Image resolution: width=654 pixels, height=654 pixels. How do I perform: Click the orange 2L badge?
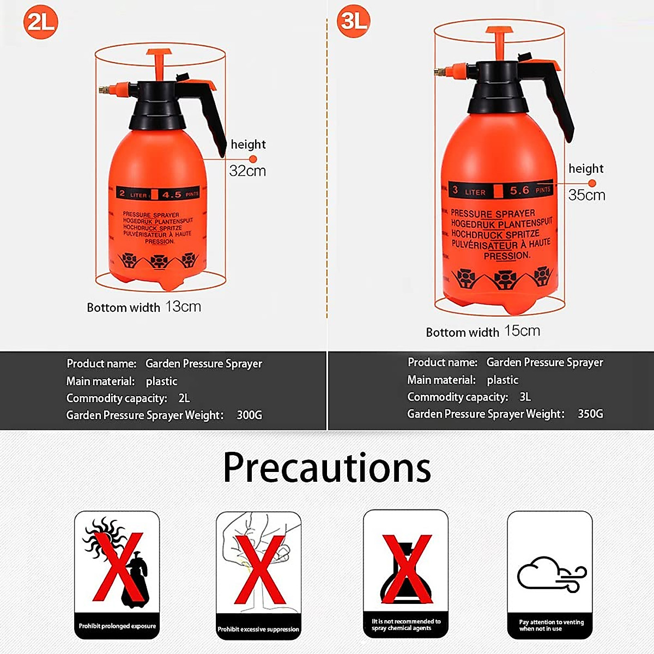point(40,22)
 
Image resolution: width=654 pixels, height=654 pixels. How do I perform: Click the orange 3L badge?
point(354,21)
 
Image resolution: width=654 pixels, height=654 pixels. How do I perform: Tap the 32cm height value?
point(247,171)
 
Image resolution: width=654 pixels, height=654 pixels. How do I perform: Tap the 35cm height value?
point(586,195)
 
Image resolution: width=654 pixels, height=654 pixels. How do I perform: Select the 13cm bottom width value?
point(183,307)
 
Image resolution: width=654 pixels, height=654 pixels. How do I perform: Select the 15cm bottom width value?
point(522,331)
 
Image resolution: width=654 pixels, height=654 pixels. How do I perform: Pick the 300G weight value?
point(249,415)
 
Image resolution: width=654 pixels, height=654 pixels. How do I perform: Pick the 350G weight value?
point(590,414)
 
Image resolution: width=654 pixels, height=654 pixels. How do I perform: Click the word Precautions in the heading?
point(327,467)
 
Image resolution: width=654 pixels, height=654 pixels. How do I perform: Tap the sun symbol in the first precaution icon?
point(104,536)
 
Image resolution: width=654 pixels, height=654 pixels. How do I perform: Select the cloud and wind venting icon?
point(551,574)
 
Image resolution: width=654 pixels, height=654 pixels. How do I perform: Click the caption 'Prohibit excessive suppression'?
point(258,629)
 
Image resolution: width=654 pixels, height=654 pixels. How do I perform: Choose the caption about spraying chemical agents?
point(406,625)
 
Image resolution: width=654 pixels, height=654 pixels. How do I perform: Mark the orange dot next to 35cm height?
point(592,184)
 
